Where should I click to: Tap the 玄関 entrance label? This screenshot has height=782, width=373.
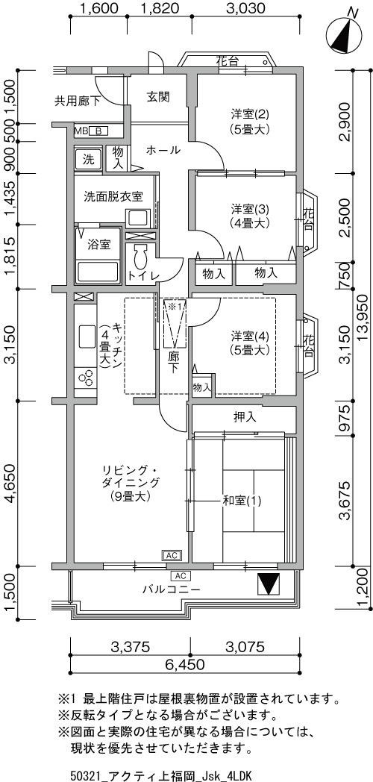click(159, 97)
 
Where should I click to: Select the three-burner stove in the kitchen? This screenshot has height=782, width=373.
click(85, 377)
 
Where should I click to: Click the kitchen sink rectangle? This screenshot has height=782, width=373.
click(86, 338)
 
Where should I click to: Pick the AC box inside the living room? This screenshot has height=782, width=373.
click(171, 555)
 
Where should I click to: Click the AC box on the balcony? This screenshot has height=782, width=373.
click(181, 575)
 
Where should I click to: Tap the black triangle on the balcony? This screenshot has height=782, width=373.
click(269, 584)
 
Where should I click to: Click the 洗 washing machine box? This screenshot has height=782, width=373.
click(88, 160)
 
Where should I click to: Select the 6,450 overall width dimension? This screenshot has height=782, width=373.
click(186, 664)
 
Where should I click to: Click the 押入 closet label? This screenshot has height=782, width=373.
click(245, 417)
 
